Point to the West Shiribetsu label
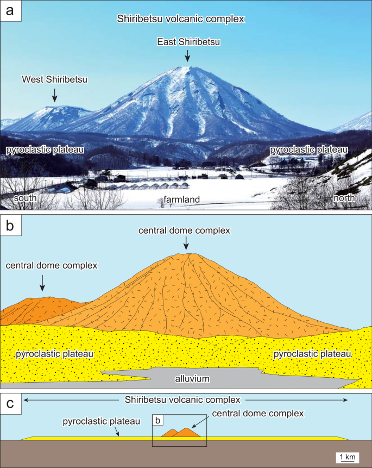tap(54, 79)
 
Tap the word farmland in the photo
tap(182, 199)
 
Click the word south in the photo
tap(26, 198)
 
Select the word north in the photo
tap(344, 198)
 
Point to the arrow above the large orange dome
tap(186, 242)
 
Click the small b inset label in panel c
tap(158, 420)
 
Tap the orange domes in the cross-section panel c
tap(185, 432)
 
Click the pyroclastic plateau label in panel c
tap(102, 421)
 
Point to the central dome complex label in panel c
tap(258, 413)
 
